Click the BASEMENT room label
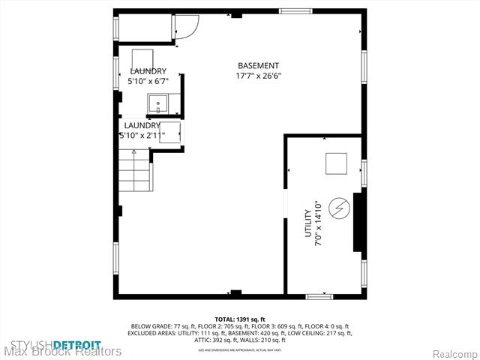(x=258, y=66)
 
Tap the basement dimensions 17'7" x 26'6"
(x=258, y=76)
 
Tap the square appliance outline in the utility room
(x=336, y=163)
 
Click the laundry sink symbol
(x=158, y=103)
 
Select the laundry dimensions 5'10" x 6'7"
(x=148, y=80)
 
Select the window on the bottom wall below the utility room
(x=319, y=296)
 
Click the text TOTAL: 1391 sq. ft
(x=240, y=319)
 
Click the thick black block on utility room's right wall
(x=359, y=220)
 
